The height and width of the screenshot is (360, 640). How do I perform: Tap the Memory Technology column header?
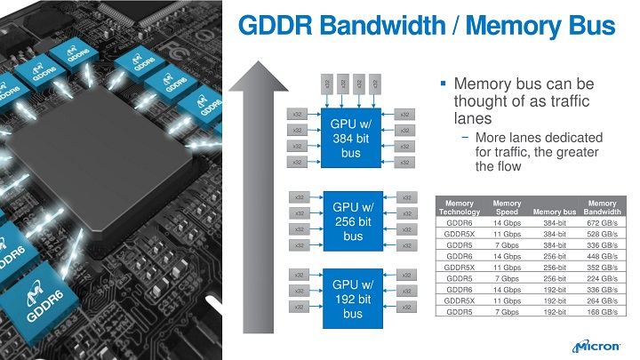[x=460, y=207]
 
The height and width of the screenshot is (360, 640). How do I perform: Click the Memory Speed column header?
[x=507, y=207]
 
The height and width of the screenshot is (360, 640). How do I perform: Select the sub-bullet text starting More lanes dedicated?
[x=539, y=152]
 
